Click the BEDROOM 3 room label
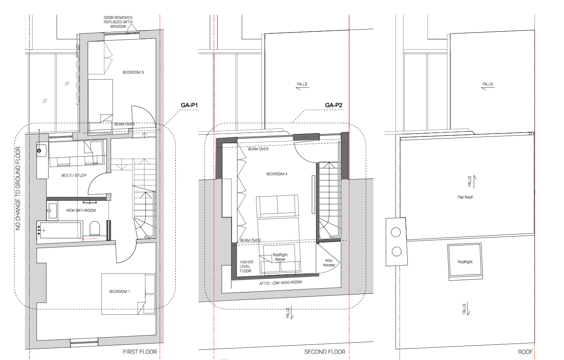[x=133, y=72]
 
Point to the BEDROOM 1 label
[x=120, y=292]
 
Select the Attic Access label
[x=329, y=262]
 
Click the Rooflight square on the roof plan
[x=465, y=262]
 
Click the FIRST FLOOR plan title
[x=137, y=352]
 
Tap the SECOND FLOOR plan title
[x=324, y=352]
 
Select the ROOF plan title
[x=525, y=352]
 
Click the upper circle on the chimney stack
[x=396, y=232]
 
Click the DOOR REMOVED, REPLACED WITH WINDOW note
[x=115, y=22]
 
